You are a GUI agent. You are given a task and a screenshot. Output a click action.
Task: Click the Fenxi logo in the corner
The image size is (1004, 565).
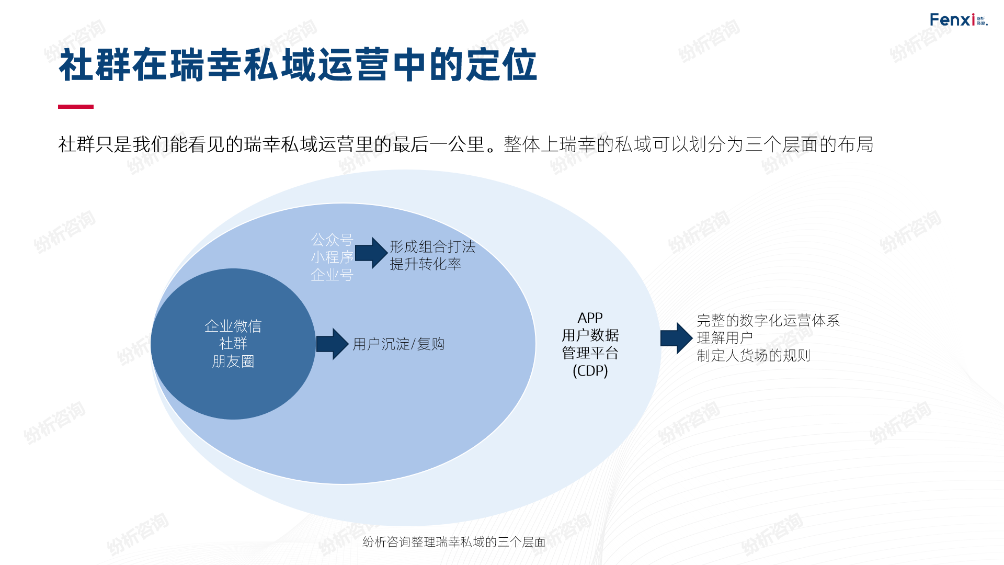coord(958,20)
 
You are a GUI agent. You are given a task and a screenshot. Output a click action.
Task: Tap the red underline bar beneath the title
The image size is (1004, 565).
coord(76,107)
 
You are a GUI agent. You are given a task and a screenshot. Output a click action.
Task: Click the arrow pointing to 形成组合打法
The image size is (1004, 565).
coord(371,253)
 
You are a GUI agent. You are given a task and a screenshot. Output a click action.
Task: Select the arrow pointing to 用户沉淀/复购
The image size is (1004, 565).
coord(332,344)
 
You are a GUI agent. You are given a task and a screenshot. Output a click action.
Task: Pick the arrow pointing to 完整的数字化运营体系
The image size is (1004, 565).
coord(676,338)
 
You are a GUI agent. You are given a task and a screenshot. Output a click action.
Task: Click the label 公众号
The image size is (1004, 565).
coord(332,240)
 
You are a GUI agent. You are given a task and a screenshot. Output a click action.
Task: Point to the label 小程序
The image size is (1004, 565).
coord(332,257)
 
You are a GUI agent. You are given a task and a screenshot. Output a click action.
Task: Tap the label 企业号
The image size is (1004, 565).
coord(332,275)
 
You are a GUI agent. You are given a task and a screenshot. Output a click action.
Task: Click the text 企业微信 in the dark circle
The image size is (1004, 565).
coord(233,326)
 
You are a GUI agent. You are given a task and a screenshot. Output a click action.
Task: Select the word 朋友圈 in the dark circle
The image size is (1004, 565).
coord(233,361)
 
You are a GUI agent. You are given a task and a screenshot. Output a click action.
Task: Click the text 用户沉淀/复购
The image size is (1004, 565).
coord(398,344)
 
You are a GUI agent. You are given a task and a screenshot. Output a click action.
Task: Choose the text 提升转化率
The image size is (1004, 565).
coord(425,264)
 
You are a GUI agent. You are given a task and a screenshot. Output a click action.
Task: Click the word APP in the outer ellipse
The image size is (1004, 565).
coord(590,318)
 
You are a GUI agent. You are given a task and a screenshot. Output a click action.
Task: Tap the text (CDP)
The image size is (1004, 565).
coord(590,371)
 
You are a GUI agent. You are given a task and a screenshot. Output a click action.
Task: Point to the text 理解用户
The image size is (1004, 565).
coord(725,338)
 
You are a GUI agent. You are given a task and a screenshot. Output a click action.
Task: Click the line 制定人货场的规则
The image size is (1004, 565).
coord(754,356)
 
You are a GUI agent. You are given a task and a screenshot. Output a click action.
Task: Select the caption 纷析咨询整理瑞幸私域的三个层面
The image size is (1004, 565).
coord(454,542)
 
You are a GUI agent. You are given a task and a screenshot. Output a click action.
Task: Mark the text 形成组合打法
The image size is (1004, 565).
coord(432,246)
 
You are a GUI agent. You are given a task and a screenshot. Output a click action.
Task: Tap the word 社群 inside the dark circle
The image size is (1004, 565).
coord(233,344)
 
